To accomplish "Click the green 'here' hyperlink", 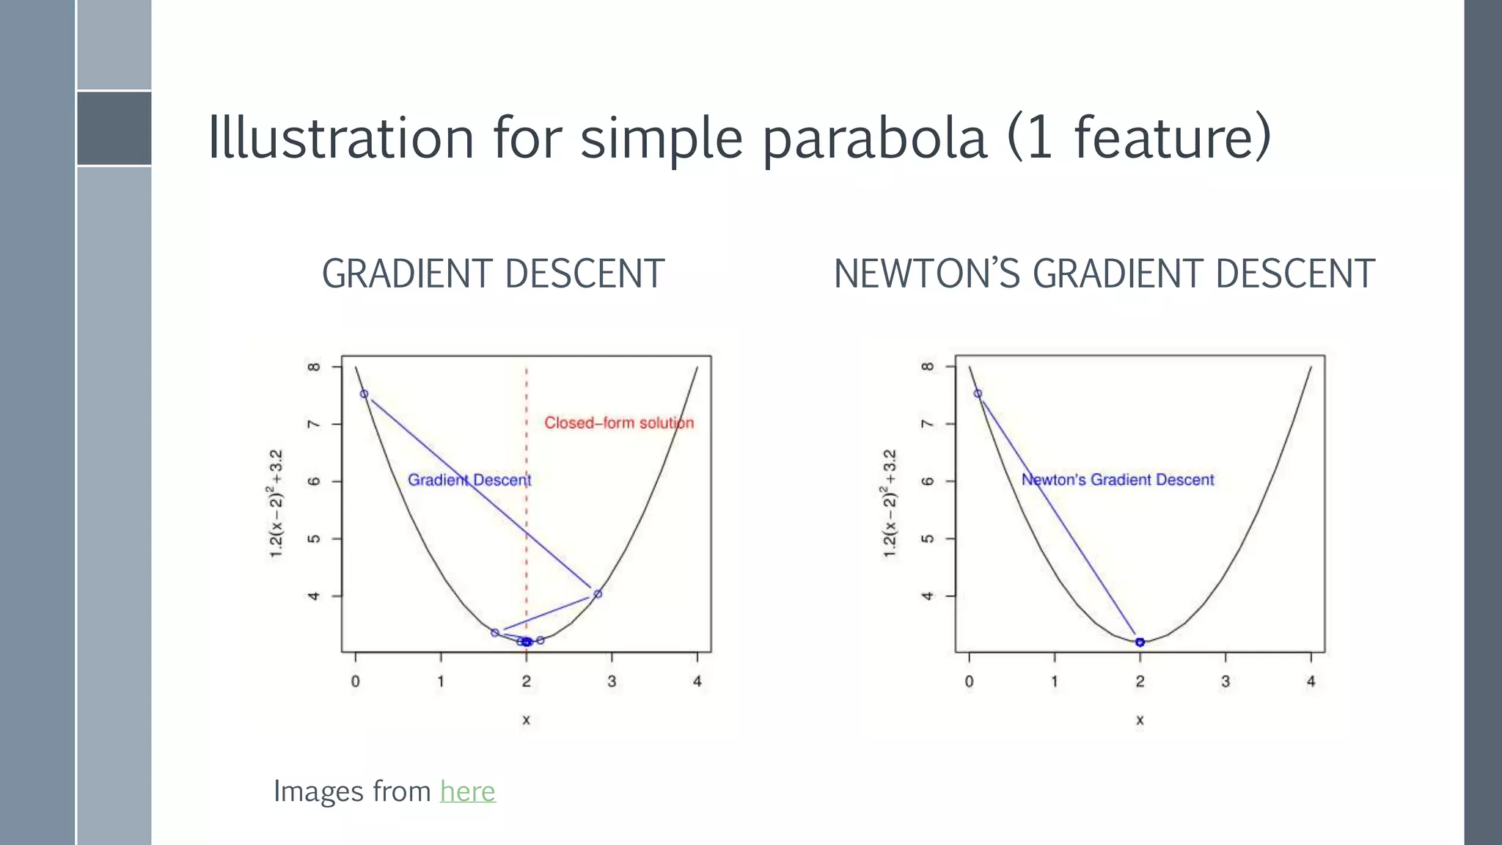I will pos(467,791).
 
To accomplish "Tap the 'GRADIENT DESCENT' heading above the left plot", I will pos(493,274).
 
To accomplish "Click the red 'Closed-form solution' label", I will pos(618,423).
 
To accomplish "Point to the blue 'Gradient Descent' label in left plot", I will pos(469,480).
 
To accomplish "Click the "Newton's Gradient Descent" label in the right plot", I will pos(1118,480).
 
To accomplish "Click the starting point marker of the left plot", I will pos(364,394).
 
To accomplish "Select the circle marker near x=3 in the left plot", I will pos(598,594).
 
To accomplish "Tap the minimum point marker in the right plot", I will pos(1140,642).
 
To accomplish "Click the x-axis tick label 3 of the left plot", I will pos(612,681).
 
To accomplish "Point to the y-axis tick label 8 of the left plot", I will pos(314,367).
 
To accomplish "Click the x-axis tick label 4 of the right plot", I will pos(1311,681).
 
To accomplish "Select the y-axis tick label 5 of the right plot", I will pos(928,538).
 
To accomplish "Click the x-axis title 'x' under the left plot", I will pos(526,720).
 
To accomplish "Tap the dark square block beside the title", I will pos(114,128).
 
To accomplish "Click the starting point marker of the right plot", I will pos(978,394).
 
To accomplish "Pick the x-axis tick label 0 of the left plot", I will pos(356,681).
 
